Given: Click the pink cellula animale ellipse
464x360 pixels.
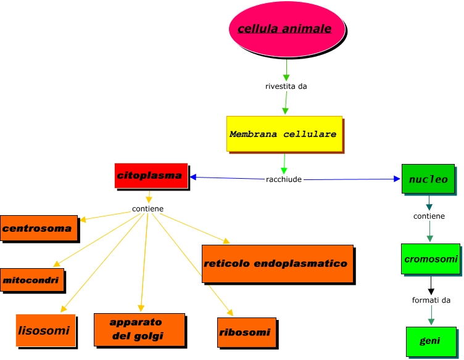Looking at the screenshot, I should click(284, 29).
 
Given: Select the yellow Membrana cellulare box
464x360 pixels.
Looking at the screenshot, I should click(283, 133).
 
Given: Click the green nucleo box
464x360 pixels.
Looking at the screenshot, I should click(428, 179).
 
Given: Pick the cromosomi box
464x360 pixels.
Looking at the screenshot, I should click(430, 260).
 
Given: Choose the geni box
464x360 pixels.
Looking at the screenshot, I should click(430, 341).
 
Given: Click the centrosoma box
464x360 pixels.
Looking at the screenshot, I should click(39, 229).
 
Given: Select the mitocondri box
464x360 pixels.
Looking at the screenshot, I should click(32, 280).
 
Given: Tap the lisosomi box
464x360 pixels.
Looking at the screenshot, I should click(45, 330).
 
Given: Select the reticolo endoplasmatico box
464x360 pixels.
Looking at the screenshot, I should click(277, 263).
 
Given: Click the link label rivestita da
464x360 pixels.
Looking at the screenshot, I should click(286, 86).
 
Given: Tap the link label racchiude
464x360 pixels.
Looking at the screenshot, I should click(284, 179).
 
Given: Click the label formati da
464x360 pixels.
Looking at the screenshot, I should click(431, 300).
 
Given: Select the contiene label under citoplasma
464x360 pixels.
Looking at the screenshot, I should click(148, 209).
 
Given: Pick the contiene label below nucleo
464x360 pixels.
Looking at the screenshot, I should click(429, 216).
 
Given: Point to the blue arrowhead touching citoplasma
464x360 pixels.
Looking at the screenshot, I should click(194, 178).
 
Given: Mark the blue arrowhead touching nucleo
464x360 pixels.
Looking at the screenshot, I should click(397, 179).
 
